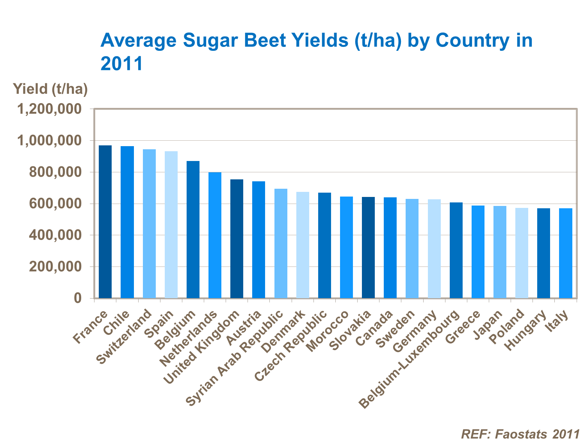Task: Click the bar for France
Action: (105, 222)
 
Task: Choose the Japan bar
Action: (500, 252)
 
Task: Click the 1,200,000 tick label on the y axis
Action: (49, 109)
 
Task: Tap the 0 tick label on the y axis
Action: (78, 299)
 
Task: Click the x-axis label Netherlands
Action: (189, 339)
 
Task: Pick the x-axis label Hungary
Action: (525, 331)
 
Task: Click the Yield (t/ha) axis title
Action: (50, 89)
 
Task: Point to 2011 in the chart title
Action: (122, 63)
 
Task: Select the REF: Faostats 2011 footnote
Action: (520, 434)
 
